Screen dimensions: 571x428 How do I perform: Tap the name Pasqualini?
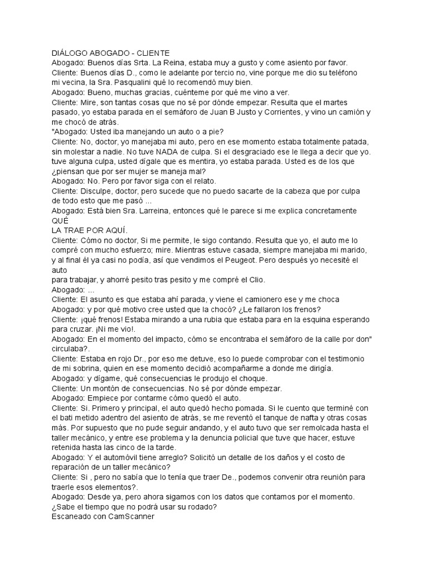tap(125, 83)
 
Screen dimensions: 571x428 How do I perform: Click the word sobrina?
tap(80, 369)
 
